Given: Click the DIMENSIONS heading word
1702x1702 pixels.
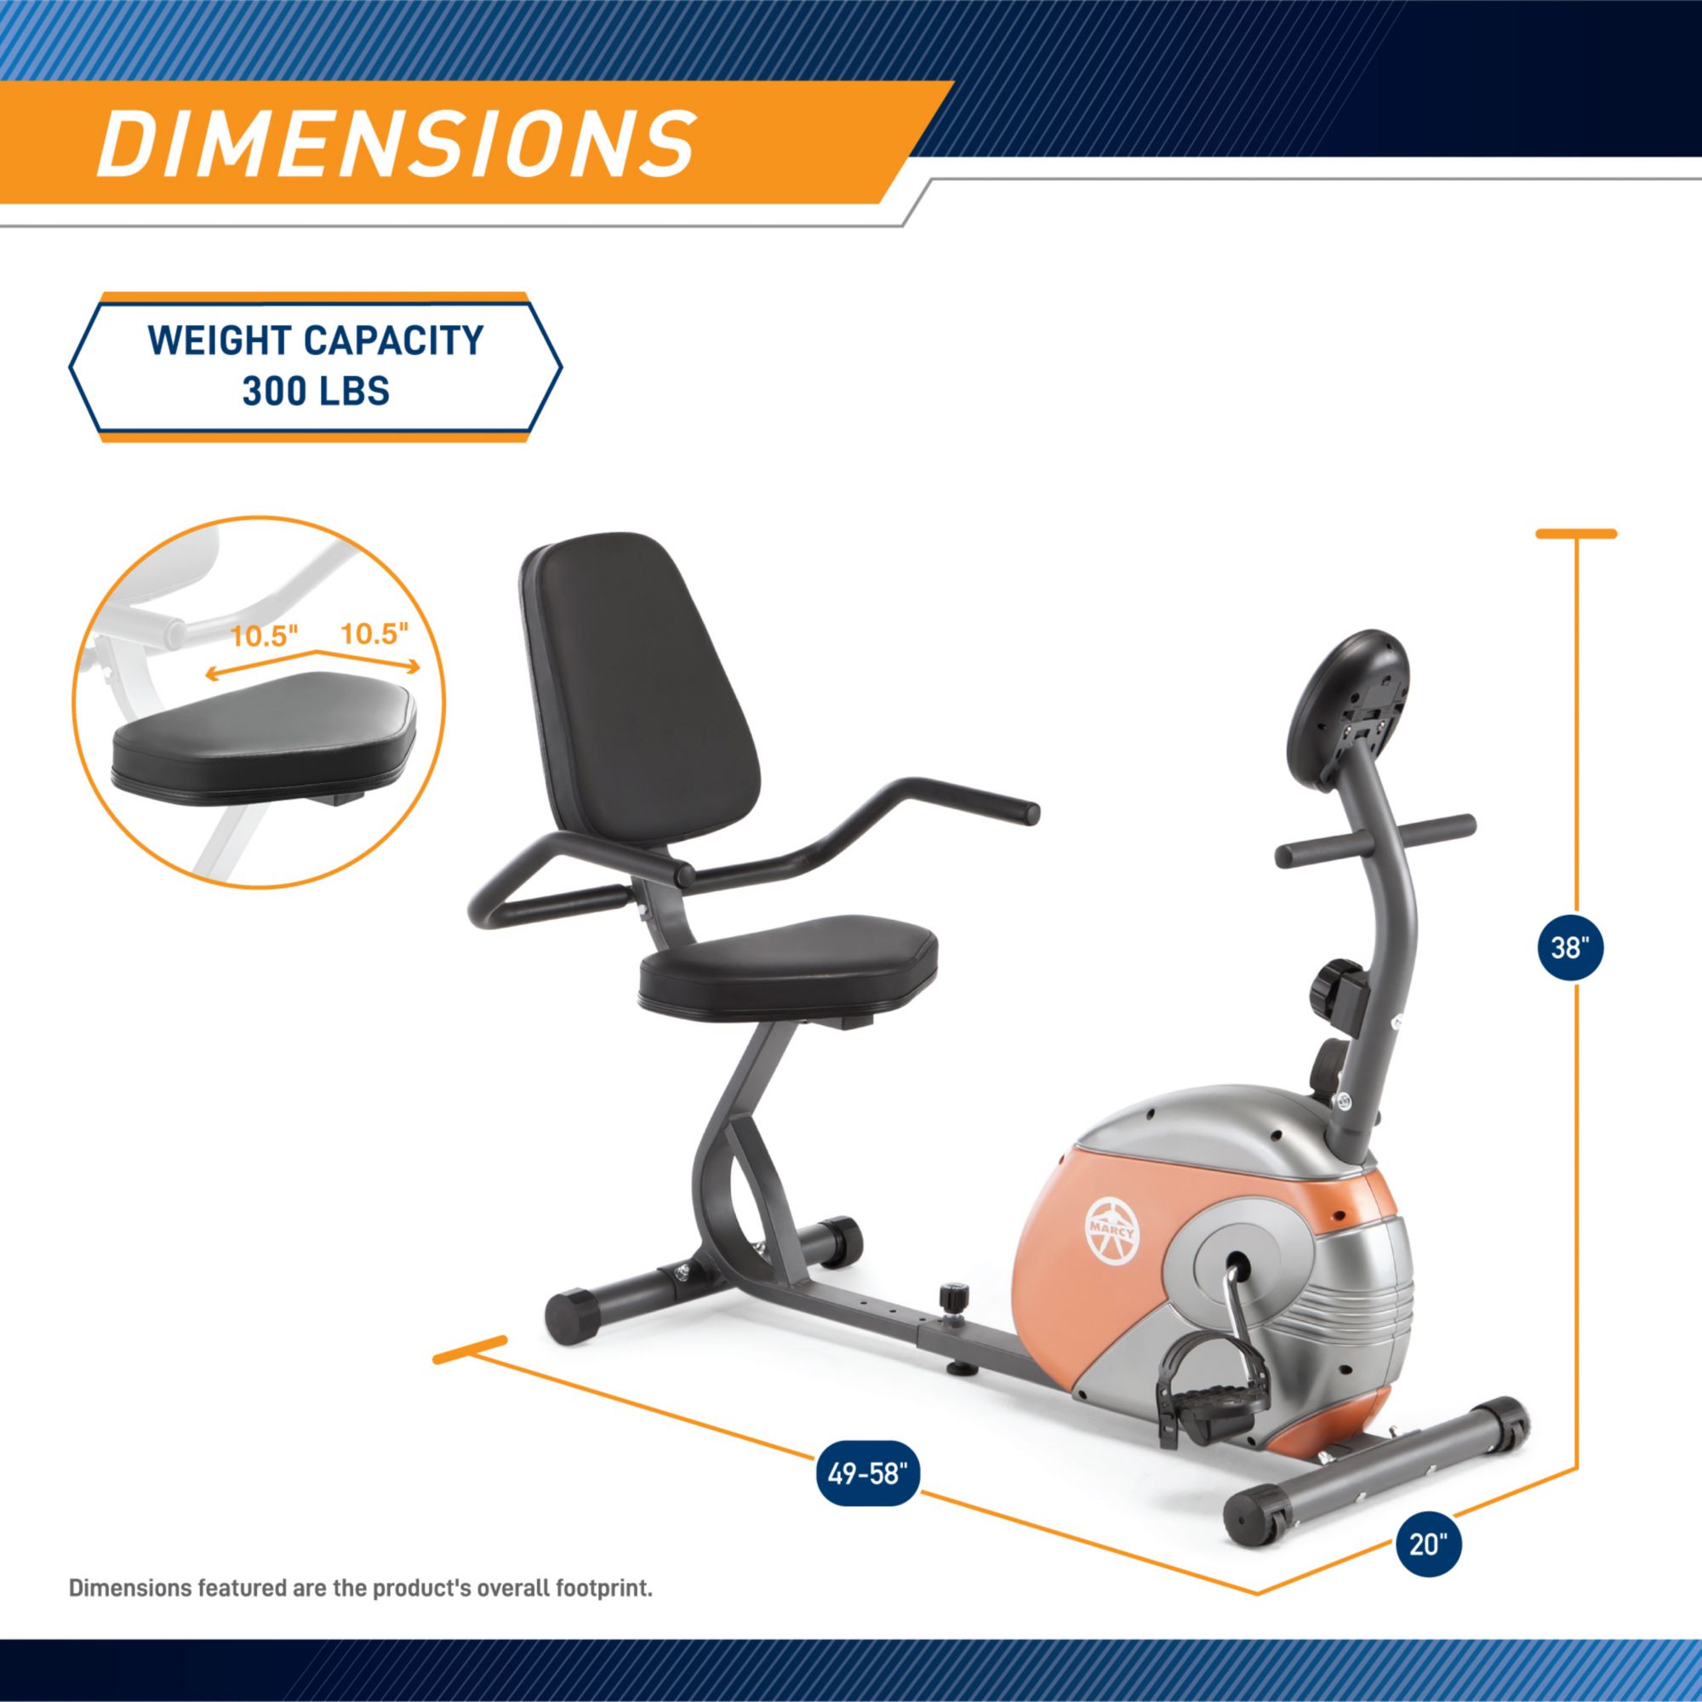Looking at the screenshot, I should point(397,143).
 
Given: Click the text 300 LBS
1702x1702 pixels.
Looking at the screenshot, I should point(316,391).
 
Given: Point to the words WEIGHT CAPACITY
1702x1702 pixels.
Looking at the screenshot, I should point(316,341).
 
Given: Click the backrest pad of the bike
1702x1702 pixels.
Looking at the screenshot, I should point(643,705).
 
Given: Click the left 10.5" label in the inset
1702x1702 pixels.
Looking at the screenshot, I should point(265,636).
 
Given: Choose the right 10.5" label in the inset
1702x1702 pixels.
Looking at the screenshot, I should point(374,633).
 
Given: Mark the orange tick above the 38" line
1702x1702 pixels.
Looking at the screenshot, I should point(1576,533).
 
